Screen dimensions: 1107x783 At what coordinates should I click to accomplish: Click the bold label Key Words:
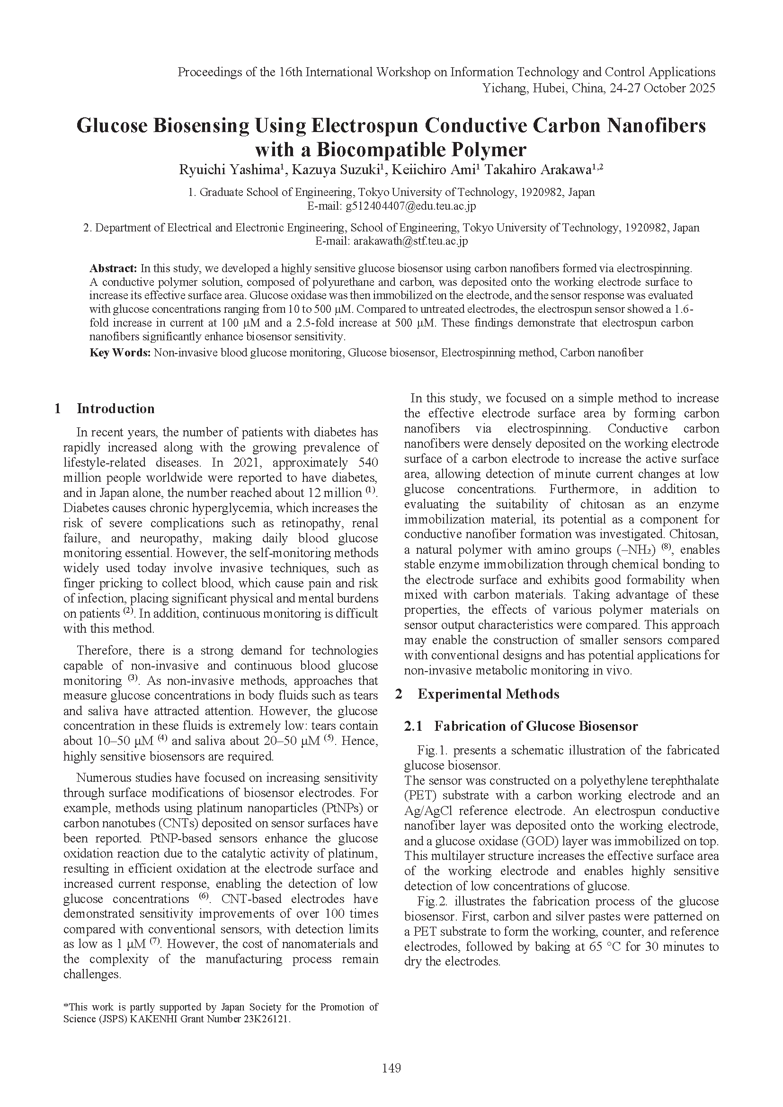tap(120, 353)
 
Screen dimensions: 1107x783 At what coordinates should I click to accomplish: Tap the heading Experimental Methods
tap(488, 694)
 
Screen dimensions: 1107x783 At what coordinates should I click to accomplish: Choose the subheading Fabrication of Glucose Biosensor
tap(536, 726)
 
